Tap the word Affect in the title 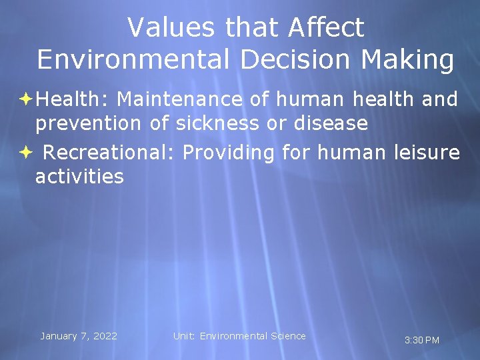coord(327,27)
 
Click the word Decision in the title coord(281,59)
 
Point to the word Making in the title coord(408,59)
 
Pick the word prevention coord(88,123)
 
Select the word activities coord(79,177)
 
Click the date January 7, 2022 coord(79,336)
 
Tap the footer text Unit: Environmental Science coord(239,336)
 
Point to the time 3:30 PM coord(422,340)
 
